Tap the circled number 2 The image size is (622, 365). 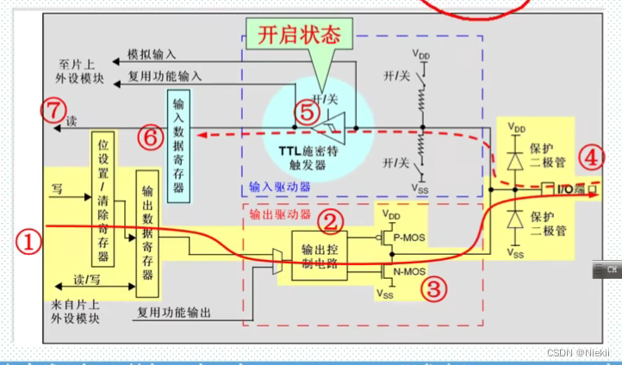coord(330,222)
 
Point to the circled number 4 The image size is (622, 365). coord(590,158)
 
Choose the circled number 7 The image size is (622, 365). coord(53,110)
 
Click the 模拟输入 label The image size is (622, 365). coord(150,53)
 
